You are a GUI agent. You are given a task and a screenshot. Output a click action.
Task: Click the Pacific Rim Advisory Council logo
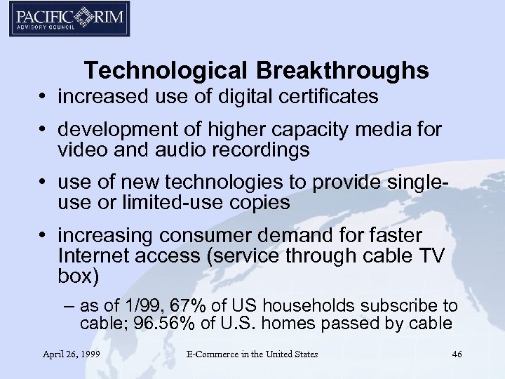point(69,18)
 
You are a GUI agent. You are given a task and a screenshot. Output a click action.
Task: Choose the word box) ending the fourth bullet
point(79,276)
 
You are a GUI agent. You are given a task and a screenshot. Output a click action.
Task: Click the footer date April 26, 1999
point(72,354)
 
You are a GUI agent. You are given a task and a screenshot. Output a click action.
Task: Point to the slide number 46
point(457,354)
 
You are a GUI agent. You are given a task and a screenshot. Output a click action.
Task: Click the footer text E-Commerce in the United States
point(252,354)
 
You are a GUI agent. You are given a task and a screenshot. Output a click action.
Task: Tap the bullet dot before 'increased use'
point(45,97)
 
